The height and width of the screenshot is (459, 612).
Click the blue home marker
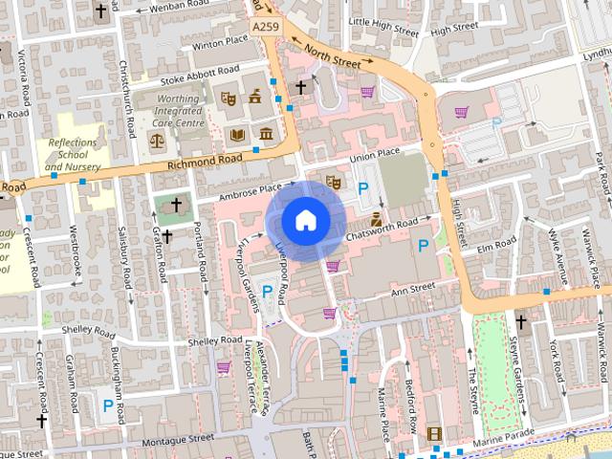(304, 221)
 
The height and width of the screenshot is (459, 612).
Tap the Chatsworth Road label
(382, 226)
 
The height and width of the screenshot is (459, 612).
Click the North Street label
(334, 55)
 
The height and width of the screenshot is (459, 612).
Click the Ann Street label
(412, 286)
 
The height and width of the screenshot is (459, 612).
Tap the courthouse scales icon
(157, 140)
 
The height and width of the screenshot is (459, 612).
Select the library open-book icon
(237, 135)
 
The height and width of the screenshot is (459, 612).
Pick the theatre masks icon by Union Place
(333, 181)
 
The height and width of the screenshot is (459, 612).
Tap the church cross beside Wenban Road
(101, 12)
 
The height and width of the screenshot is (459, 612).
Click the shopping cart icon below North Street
(367, 93)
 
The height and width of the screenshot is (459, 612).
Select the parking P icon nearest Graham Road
(108, 405)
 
